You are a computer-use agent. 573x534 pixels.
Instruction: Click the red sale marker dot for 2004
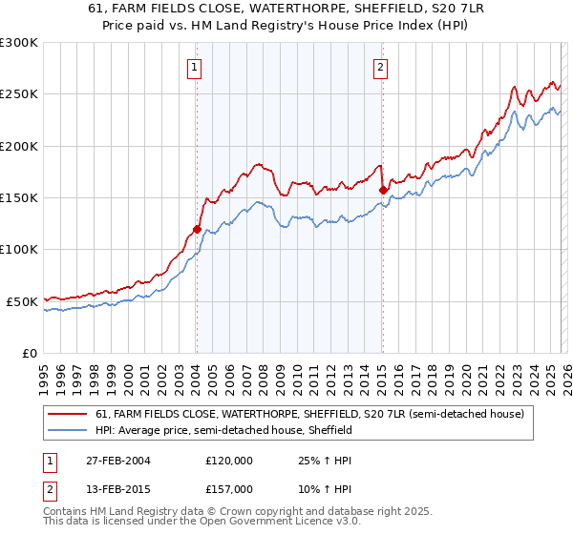[x=197, y=229]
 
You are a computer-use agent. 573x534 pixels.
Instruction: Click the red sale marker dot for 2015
[x=382, y=191]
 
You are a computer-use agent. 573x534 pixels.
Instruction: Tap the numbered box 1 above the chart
[x=195, y=67]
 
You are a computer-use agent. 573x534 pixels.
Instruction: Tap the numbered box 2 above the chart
[x=380, y=67]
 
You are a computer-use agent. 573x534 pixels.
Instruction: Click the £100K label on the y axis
[x=19, y=249]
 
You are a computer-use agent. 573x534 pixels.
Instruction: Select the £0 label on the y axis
[x=29, y=353]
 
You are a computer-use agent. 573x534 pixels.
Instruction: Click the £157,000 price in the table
[x=230, y=488]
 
